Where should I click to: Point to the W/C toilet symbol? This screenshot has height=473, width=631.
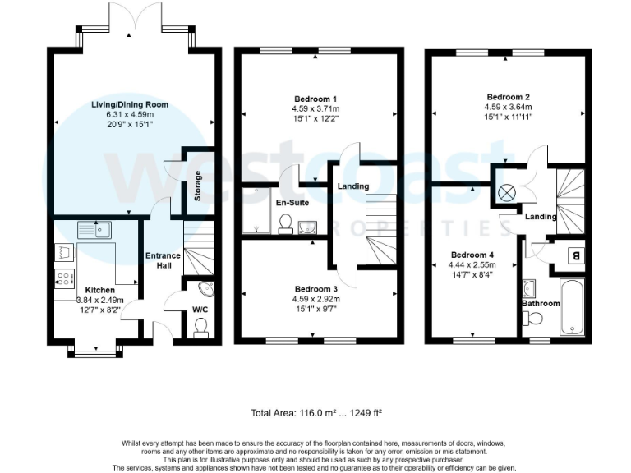(200, 326)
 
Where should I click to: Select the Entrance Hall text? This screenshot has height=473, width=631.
(163, 262)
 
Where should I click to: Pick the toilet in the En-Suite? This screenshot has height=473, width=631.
(286, 223)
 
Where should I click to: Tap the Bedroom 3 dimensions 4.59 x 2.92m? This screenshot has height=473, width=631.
(317, 300)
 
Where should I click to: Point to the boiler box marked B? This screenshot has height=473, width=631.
(574, 255)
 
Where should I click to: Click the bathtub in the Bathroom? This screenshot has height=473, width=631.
(569, 307)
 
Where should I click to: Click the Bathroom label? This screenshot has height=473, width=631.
(541, 304)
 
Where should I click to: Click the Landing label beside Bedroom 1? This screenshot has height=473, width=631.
(352, 186)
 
